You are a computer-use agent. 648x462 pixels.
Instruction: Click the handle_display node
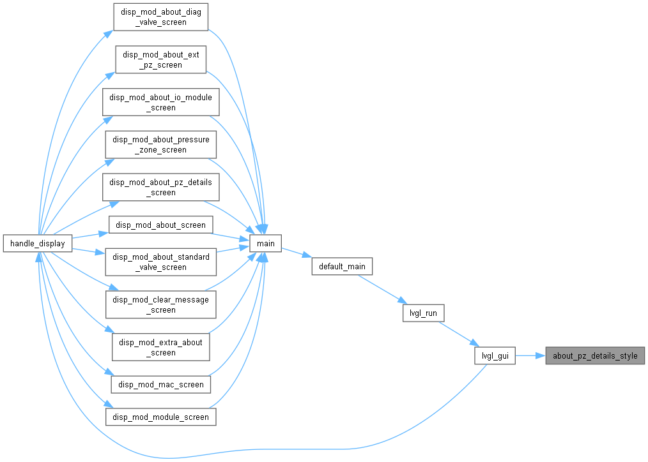[38, 243]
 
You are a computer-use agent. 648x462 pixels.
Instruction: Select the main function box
[265, 243]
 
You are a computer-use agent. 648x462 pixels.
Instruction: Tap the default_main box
[342, 267]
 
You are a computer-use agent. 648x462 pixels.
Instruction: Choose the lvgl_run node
[423, 313]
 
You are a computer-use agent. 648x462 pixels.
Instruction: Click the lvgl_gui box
[495, 355]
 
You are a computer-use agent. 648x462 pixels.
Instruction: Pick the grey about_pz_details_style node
[595, 355]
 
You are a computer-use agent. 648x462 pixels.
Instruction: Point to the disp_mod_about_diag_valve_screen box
[161, 17]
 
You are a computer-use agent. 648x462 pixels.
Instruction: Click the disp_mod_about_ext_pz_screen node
[161, 60]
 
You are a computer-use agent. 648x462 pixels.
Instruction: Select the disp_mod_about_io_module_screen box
[161, 102]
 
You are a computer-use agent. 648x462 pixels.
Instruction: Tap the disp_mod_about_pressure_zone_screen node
[161, 145]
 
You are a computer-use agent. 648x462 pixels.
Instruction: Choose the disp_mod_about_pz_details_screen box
[161, 187]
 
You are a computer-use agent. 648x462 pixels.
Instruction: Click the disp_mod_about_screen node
[161, 225]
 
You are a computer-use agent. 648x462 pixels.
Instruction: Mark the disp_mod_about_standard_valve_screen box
[161, 262]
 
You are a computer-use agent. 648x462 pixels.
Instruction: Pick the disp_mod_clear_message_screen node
[161, 305]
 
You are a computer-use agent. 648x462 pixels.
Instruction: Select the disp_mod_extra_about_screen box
[161, 347]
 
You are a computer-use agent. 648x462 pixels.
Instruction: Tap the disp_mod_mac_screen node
[161, 384]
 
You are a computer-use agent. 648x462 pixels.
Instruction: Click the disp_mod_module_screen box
[161, 417]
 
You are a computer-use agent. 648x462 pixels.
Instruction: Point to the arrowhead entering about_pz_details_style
[541, 355]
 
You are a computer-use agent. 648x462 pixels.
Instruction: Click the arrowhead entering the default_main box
[307, 256]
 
